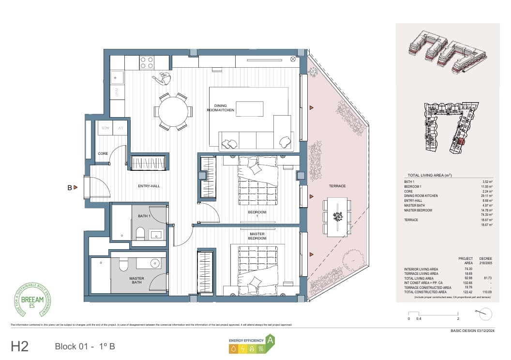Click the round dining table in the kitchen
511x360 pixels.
pos(173,111)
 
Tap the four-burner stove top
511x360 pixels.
pos(147,62)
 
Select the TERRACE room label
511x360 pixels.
pos(337,186)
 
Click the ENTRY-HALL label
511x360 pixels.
pos(149,186)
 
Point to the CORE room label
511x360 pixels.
pos(103,154)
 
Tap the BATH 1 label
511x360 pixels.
pos(144,216)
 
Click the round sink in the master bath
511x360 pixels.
pos(155,264)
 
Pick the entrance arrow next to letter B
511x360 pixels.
pos(76,187)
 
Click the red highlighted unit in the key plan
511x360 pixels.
pos(460,142)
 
